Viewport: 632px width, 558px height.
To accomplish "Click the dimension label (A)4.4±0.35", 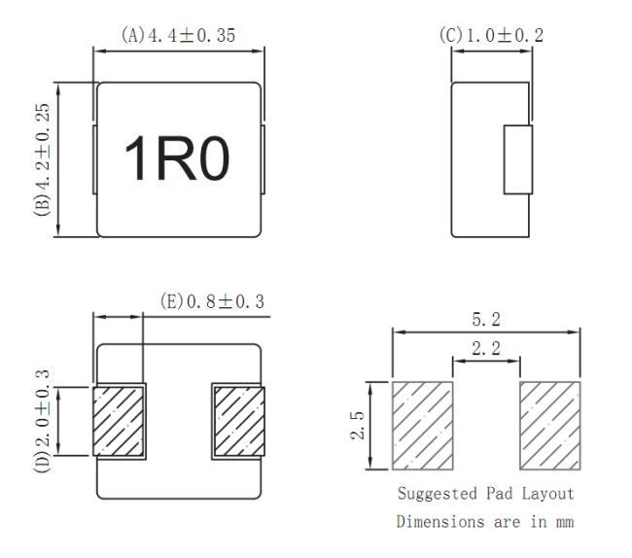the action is (178, 35).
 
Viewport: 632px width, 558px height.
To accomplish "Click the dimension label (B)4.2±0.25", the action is (43, 159).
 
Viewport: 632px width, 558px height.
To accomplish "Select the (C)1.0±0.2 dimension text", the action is (491, 35).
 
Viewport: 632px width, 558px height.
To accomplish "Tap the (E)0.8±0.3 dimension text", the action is (212, 301).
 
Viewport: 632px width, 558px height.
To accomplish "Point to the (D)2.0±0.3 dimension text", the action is (43, 421).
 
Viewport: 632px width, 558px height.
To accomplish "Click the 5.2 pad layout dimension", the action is (486, 320).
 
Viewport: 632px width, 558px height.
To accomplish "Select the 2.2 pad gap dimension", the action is (486, 348).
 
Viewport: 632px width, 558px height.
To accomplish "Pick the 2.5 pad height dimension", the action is (357, 425).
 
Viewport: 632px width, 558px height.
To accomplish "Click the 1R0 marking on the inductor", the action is (177, 157).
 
